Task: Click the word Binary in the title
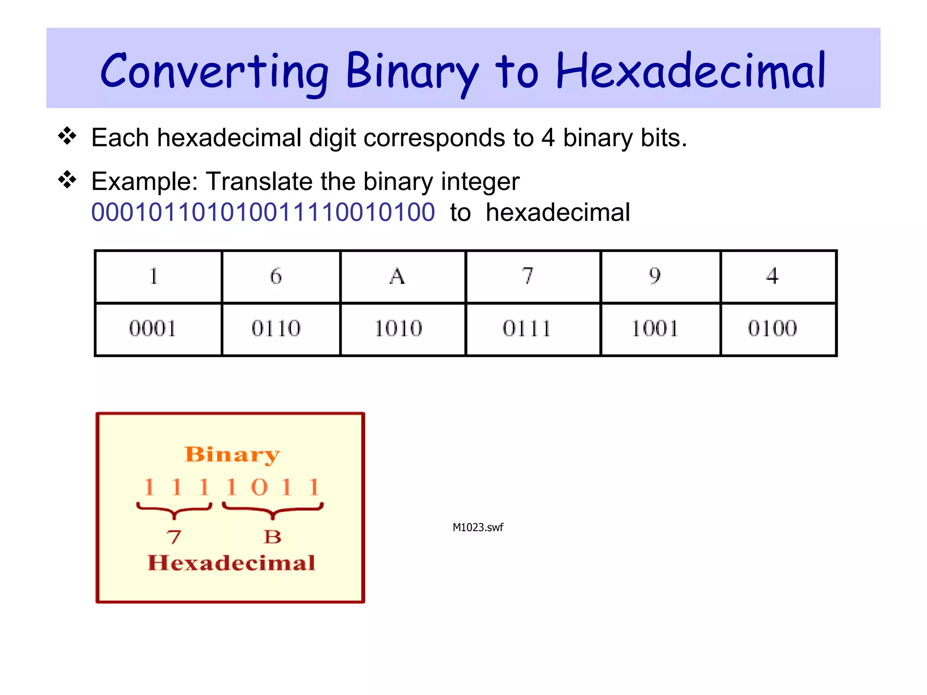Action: coord(412,71)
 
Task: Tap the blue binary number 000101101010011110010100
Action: coord(263,212)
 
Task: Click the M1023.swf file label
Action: coord(478,528)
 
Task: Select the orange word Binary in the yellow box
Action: coord(232,454)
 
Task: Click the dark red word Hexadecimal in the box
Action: coord(231,563)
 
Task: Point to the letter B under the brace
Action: coord(272,537)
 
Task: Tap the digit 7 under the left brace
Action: coord(174,537)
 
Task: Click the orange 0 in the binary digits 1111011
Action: coord(259,487)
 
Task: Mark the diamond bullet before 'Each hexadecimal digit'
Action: coord(67,136)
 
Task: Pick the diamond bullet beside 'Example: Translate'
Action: coord(67,180)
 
